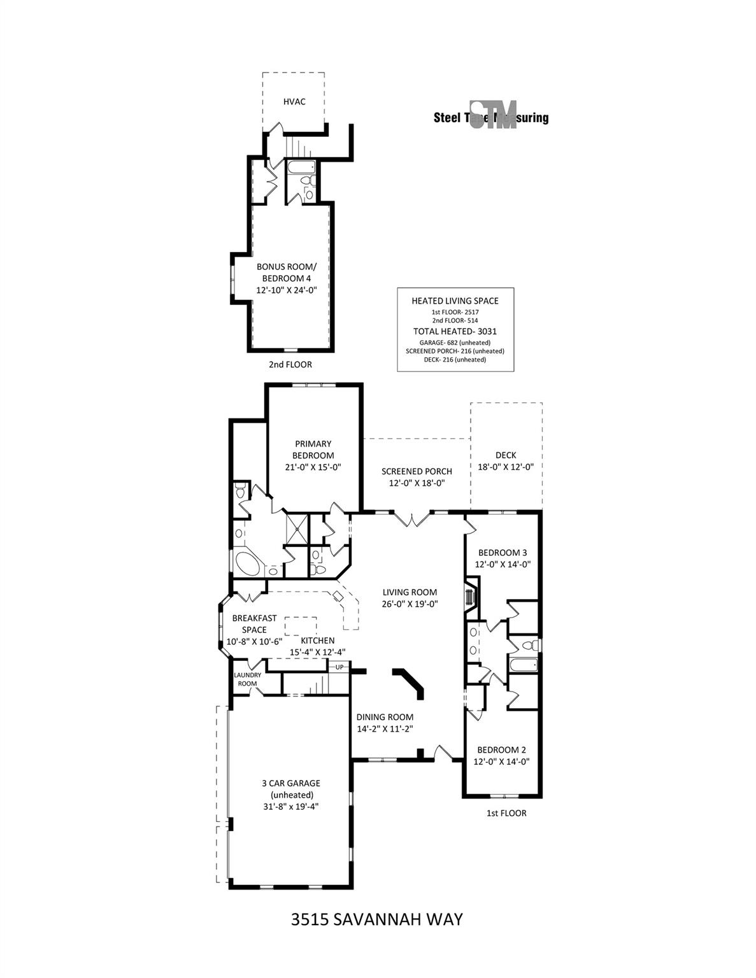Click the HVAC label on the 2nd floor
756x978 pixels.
pyautogui.click(x=294, y=102)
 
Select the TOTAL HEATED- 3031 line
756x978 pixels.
pyautogui.click(x=455, y=331)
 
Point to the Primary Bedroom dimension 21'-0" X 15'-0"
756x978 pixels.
pyautogui.click(x=313, y=467)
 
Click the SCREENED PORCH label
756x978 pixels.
pyautogui.click(x=417, y=471)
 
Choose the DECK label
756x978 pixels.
pyautogui.click(x=506, y=455)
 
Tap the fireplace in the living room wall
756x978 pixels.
pyautogui.click(x=471, y=596)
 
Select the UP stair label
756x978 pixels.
pyautogui.click(x=339, y=667)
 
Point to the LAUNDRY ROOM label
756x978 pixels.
pyautogui.click(x=247, y=679)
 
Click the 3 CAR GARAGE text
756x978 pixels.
pyautogui.click(x=290, y=783)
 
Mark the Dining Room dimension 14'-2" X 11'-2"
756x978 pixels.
pyautogui.click(x=385, y=729)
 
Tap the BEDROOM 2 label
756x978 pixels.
pyautogui.click(x=503, y=749)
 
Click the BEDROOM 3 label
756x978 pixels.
pyautogui.click(x=503, y=552)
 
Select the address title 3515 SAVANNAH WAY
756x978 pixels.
pyautogui.click(x=376, y=919)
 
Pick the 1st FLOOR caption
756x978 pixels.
pyautogui.click(x=506, y=813)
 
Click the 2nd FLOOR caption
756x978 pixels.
pyautogui.click(x=290, y=365)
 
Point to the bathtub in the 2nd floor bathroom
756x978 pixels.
pyautogui.click(x=300, y=168)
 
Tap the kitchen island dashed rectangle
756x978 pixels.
pyautogui.click(x=301, y=626)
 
